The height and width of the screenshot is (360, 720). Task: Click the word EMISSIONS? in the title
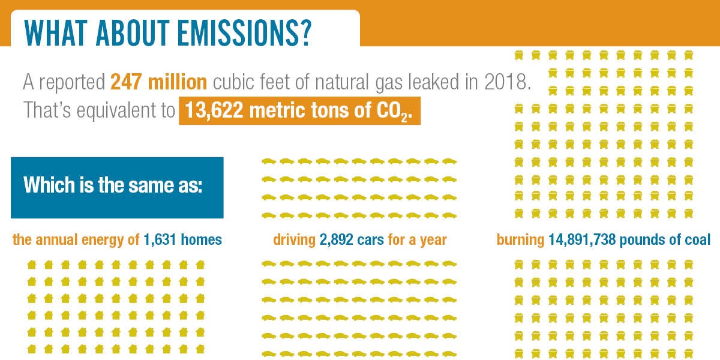click(245, 33)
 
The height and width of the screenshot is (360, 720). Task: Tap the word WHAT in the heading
click(56, 33)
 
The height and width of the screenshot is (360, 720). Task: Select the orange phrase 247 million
click(159, 82)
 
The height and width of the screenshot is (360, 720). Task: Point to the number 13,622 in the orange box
click(214, 110)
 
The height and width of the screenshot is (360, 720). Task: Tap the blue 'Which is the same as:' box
click(117, 188)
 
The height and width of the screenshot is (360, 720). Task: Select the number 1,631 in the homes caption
click(160, 240)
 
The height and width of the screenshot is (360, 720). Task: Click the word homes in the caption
click(201, 239)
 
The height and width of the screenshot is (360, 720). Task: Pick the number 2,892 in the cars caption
click(336, 240)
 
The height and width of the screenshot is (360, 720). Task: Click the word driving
click(295, 241)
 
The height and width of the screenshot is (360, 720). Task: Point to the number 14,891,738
click(582, 240)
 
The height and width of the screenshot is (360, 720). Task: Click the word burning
click(520, 241)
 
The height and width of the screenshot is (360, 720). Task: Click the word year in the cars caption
click(433, 241)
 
